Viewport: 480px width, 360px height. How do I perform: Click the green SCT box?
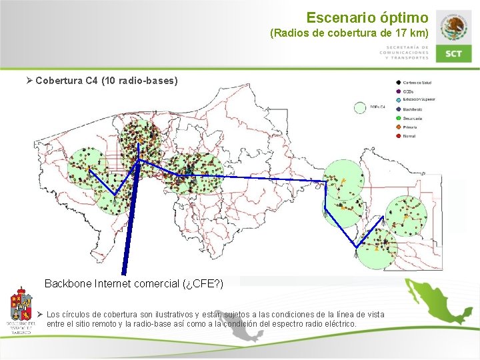click(x=454, y=53)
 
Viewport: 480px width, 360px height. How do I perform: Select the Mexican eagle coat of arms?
click(x=454, y=27)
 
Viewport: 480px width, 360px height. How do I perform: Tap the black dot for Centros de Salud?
click(x=398, y=83)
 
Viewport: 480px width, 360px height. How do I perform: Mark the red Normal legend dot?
click(x=398, y=136)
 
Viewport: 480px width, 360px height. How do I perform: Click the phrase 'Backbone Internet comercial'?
click(x=112, y=283)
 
